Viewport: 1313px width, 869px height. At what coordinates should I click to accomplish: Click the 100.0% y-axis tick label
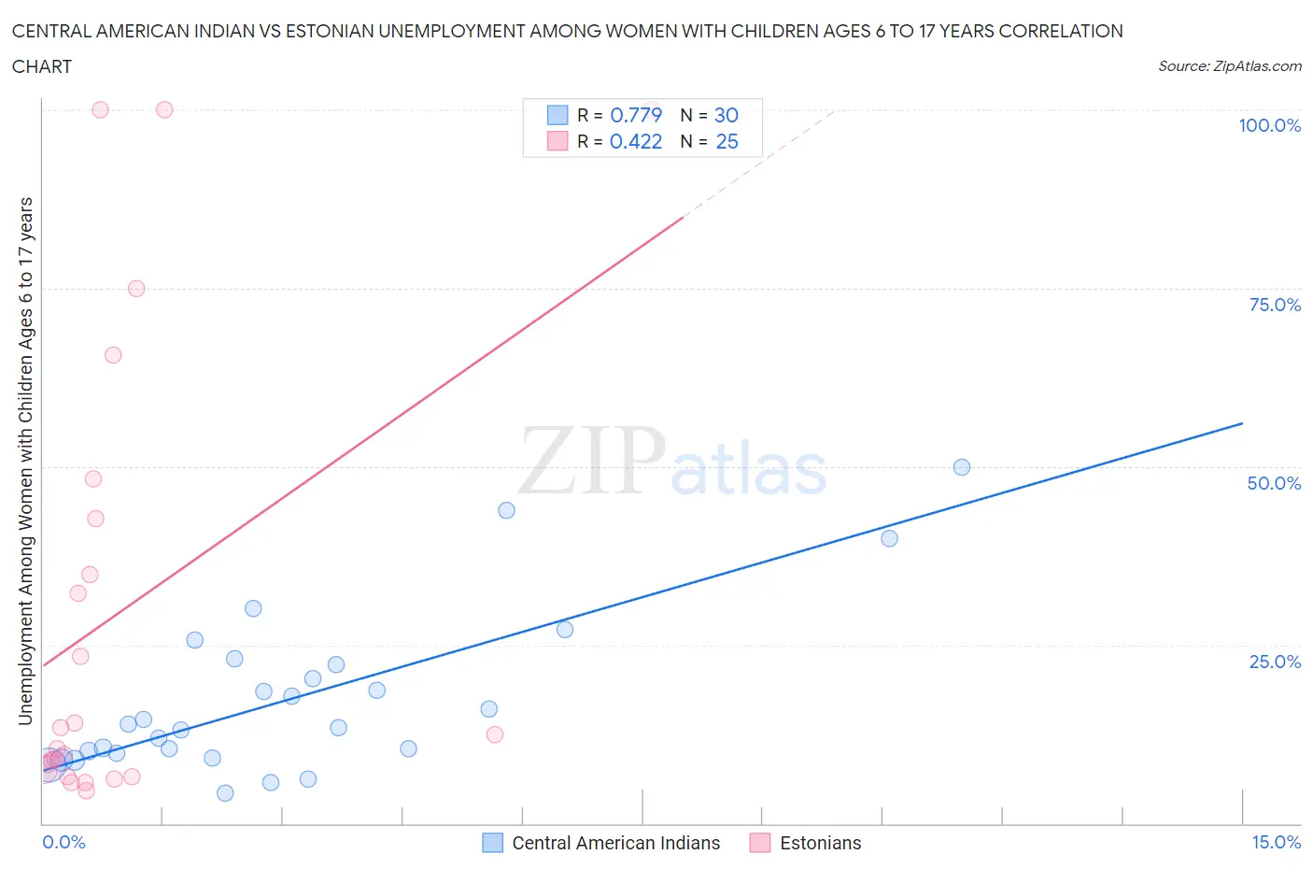(x=1269, y=125)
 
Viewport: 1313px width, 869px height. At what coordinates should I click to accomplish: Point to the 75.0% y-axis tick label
(x=1275, y=305)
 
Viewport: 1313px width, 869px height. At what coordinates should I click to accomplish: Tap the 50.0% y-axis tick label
(x=1274, y=483)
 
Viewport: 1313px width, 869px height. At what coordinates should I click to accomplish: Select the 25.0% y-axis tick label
(x=1275, y=662)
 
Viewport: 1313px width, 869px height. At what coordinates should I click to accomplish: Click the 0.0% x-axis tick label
(x=64, y=842)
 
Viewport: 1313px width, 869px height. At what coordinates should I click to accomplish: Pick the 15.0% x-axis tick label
(x=1276, y=842)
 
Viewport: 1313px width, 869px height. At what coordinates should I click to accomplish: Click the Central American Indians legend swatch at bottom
(x=492, y=843)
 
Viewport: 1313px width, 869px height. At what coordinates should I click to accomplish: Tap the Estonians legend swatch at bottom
(x=760, y=843)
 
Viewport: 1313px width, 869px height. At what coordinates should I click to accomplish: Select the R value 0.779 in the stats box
(x=636, y=115)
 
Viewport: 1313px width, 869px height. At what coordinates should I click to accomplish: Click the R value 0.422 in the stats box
(x=636, y=141)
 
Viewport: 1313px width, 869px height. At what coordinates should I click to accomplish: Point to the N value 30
(x=727, y=115)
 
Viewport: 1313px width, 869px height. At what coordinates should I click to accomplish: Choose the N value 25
(x=727, y=141)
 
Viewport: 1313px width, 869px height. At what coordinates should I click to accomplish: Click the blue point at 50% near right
(x=962, y=467)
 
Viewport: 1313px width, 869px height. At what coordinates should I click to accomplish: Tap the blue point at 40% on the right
(x=889, y=538)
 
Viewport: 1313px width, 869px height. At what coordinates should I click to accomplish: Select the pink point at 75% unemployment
(x=136, y=289)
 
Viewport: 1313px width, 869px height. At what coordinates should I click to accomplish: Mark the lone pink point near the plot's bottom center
(x=495, y=734)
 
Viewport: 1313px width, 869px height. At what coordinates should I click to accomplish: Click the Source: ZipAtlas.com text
(x=1229, y=66)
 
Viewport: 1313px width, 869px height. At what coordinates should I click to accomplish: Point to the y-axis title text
(x=25, y=461)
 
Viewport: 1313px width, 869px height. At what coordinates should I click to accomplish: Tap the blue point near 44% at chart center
(x=506, y=510)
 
